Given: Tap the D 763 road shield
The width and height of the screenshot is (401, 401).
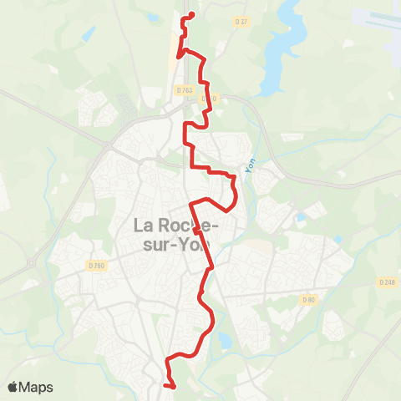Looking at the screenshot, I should coord(185,89).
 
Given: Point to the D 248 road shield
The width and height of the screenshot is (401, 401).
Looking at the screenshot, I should coord(386,282).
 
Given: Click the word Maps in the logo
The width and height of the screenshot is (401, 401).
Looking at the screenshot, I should coord(36,387).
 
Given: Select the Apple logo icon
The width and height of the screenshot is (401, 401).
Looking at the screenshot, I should coord(13,386).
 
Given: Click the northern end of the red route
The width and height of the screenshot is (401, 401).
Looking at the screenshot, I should coord(192,14).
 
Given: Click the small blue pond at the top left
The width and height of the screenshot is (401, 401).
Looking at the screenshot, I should coord(88,33).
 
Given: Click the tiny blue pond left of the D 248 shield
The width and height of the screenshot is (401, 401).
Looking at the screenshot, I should coord(337,240).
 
